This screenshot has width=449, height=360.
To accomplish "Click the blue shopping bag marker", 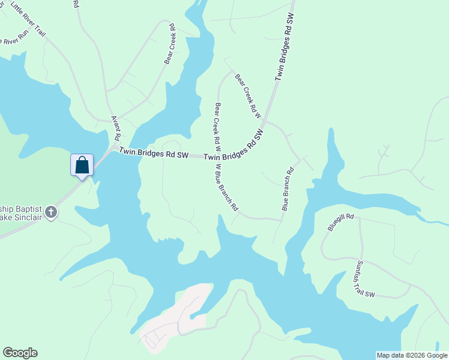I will pyautogui.click(x=82, y=164).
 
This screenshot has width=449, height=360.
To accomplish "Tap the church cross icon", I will pyautogui.click(x=52, y=211).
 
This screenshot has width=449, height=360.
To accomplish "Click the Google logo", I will pyautogui.click(x=20, y=353).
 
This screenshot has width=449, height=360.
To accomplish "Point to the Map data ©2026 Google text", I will pyautogui.click(x=412, y=355).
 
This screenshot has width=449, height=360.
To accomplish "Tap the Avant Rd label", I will pyautogui.click(x=115, y=127).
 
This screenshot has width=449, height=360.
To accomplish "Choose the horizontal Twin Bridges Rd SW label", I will pyautogui.click(x=153, y=154).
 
